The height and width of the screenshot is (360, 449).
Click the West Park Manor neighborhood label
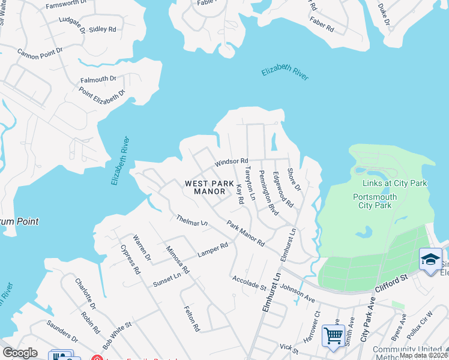pos(205,187)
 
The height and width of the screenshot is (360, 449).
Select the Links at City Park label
pos(394,183)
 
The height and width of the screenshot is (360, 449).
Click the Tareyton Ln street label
pos(249,184)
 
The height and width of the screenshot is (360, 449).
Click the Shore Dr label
pos(294,180)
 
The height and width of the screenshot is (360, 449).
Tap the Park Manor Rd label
pos(246,234)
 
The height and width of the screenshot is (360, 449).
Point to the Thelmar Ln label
pos(191,220)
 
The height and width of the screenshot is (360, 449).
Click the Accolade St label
pos(249,283)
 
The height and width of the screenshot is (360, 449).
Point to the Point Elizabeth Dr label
pos(101,95)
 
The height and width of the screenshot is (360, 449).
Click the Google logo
pos(20,353)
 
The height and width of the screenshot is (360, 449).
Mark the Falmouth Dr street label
pos(98,79)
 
